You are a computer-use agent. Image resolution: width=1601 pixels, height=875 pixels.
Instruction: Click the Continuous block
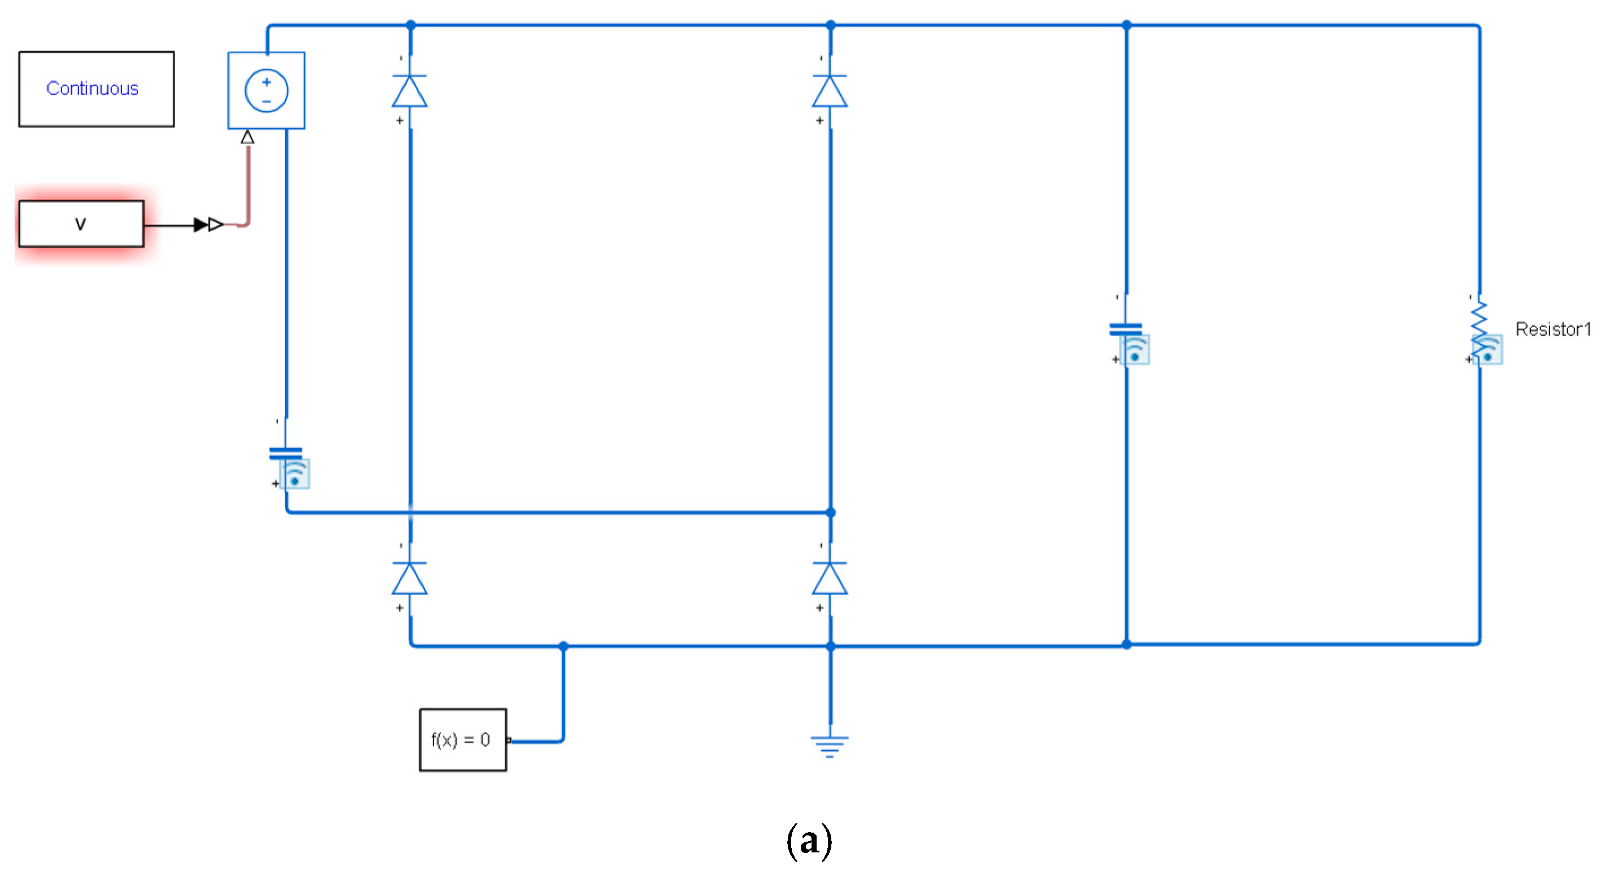click(x=96, y=89)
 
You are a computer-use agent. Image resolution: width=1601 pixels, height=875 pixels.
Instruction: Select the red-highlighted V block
click(x=81, y=224)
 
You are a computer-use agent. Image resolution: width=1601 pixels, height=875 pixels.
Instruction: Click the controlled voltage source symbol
click(x=267, y=91)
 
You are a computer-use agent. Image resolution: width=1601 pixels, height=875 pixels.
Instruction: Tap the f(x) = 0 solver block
click(x=463, y=739)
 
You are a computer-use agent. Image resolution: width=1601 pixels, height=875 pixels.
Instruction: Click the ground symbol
click(x=830, y=746)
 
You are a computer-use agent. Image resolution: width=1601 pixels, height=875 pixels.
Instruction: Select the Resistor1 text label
click(x=1552, y=329)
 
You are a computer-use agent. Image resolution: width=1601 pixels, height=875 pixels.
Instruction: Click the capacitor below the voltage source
click(x=286, y=454)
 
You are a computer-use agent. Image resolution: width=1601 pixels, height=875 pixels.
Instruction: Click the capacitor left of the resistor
click(x=1126, y=330)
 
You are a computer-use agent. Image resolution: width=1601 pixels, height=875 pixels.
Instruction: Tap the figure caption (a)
click(x=809, y=841)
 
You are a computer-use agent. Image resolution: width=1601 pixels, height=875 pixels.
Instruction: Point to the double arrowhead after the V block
click(x=208, y=224)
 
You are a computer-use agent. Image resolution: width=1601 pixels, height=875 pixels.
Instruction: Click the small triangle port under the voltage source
click(x=248, y=137)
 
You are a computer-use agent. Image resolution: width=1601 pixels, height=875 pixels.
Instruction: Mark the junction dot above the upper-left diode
click(x=410, y=25)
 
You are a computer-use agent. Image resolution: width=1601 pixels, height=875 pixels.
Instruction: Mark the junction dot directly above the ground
click(x=830, y=646)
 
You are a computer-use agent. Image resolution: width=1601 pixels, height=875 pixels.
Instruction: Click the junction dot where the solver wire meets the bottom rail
click(x=563, y=646)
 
